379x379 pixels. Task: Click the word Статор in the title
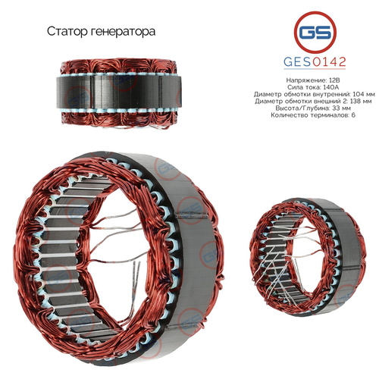[67, 32]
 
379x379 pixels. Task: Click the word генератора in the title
[123, 32]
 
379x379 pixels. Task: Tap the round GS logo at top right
[315, 33]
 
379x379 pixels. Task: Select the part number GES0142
[315, 62]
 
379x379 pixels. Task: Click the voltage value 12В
[334, 80]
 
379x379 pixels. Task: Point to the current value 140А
[331, 87]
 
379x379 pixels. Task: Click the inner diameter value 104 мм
[364, 95]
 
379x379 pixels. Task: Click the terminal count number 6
[353, 115]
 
